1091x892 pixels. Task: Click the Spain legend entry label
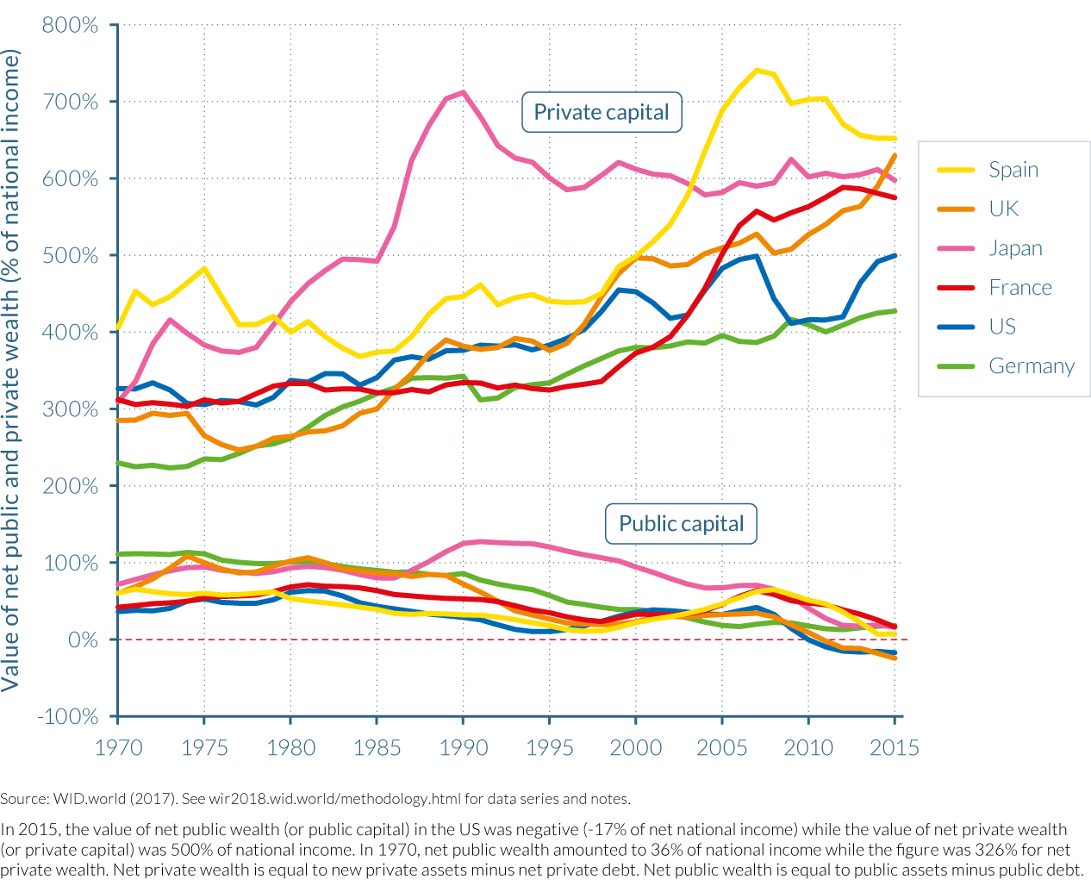coord(1013,170)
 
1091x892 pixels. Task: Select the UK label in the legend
coord(1004,209)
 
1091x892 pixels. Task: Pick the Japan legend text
coord(1015,248)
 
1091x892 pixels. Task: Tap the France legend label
coord(1020,288)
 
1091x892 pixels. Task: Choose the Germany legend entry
coord(1032,366)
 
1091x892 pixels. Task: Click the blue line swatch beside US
coord(956,327)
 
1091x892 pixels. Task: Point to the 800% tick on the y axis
coord(70,25)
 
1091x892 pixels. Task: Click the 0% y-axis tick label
coord(83,640)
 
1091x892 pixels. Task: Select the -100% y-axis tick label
coord(67,717)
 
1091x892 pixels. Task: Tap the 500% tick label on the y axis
coord(70,256)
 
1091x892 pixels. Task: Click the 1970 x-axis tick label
coord(118,747)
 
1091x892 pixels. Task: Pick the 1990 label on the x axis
coord(464,747)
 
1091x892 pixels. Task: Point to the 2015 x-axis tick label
coord(895,747)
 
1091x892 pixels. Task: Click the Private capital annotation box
coord(602,112)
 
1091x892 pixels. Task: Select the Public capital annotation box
coord(681,524)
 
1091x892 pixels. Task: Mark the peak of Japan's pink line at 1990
coord(464,92)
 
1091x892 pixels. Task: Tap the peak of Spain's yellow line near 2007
coord(757,71)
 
